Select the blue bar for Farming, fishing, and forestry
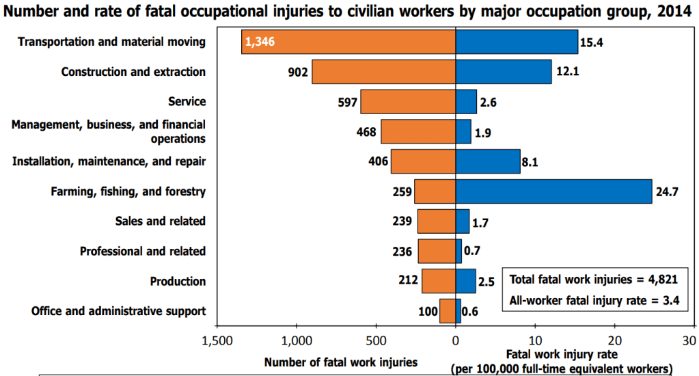pyautogui.click(x=553, y=191)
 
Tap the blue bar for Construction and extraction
pyautogui.click(x=504, y=72)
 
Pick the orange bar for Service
pyautogui.click(x=408, y=102)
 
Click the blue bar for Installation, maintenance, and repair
pyautogui.click(x=488, y=161)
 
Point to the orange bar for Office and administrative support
pyautogui.click(x=448, y=311)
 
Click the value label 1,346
pyautogui.click(x=260, y=42)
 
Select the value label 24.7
pyautogui.click(x=666, y=191)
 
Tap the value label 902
pyautogui.click(x=298, y=72)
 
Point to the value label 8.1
pyautogui.click(x=530, y=161)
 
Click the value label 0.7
pyautogui.click(x=471, y=252)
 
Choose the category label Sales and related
pyautogui.click(x=161, y=221)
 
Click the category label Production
pyautogui.click(x=178, y=281)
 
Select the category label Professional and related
pyautogui.click(x=142, y=251)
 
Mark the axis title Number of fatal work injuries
pyautogui.click(x=340, y=362)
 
